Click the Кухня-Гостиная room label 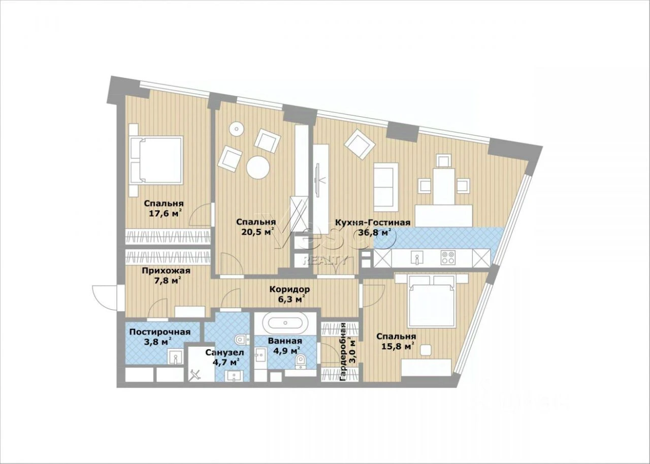(x=373, y=223)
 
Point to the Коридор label (x=289, y=289)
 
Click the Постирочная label (x=160, y=332)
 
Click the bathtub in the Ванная (x=285, y=323)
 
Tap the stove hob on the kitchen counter (x=447, y=257)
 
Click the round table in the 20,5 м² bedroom (x=258, y=168)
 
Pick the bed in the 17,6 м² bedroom (x=156, y=160)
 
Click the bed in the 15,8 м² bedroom (x=432, y=302)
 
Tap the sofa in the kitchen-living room (x=385, y=187)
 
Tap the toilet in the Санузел (x=241, y=339)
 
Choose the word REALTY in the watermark (x=324, y=260)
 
